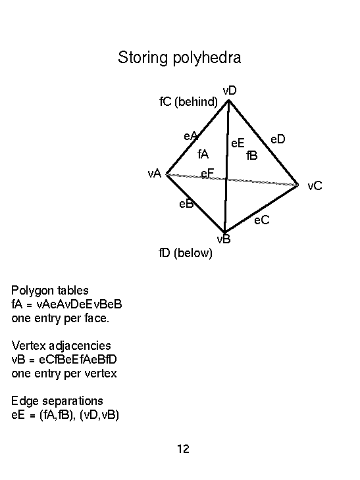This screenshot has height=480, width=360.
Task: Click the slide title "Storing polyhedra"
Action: coord(180,58)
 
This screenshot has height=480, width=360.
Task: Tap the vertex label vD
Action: coord(230,91)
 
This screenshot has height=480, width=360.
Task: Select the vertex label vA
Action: coord(155,174)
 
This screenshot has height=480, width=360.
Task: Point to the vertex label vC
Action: coord(315,186)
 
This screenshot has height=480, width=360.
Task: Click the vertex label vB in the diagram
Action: coord(224,239)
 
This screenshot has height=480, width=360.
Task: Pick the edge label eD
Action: coord(278,139)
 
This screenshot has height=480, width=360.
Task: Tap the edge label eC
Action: coord(262,220)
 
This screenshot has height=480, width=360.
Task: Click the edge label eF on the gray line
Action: coord(207,174)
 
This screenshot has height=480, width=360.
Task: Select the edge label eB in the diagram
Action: coord(186,204)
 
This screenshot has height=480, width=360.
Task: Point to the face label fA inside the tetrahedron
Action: coord(203,154)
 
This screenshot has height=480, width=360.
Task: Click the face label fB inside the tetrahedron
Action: coord(252,156)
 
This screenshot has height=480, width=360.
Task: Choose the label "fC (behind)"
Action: coord(188,102)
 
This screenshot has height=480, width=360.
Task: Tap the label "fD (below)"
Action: coord(186,253)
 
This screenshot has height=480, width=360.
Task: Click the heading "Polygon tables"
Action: coord(50,291)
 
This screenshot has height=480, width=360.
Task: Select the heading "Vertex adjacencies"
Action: coord(61,346)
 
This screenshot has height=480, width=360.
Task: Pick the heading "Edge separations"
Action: coord(57,400)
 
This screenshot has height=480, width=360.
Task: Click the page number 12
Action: coord(183,449)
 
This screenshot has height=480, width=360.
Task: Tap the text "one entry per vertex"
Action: coord(64,373)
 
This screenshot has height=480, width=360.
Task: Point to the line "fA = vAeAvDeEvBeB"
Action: coord(66,304)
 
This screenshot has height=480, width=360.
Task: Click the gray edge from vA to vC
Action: coord(232,180)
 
